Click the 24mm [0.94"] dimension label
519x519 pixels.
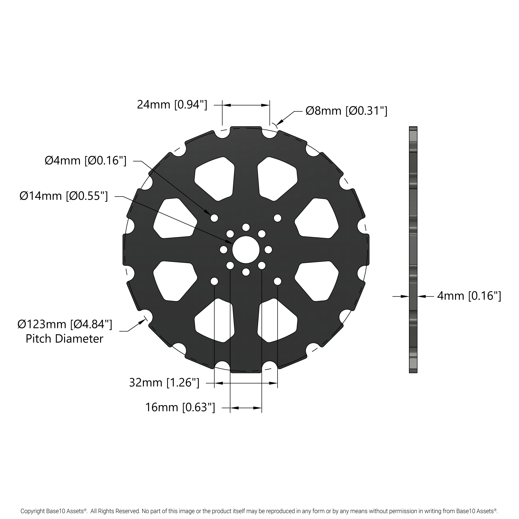pos(172,104)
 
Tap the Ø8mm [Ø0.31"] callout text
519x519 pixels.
pos(346,111)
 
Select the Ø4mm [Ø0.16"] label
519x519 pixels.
pos(85,161)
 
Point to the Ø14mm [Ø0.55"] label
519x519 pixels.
pos(64,196)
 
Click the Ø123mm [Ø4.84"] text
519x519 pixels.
pos(65,324)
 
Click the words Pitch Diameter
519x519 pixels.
pos(64,338)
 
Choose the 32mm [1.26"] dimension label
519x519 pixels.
pos(164,383)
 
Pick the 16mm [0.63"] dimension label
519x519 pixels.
pos(180,408)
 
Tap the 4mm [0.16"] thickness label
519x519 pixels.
pos(469,296)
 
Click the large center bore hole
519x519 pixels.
pos(246,249)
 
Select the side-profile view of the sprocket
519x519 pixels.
pos(413,249)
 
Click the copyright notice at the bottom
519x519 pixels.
pos(259,511)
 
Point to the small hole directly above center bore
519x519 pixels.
pos(246,227)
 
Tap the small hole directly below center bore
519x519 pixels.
pos(246,272)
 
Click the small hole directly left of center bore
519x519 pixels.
pos(224,249)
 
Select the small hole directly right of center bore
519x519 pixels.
pos(268,249)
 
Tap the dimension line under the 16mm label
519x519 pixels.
pos(246,408)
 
